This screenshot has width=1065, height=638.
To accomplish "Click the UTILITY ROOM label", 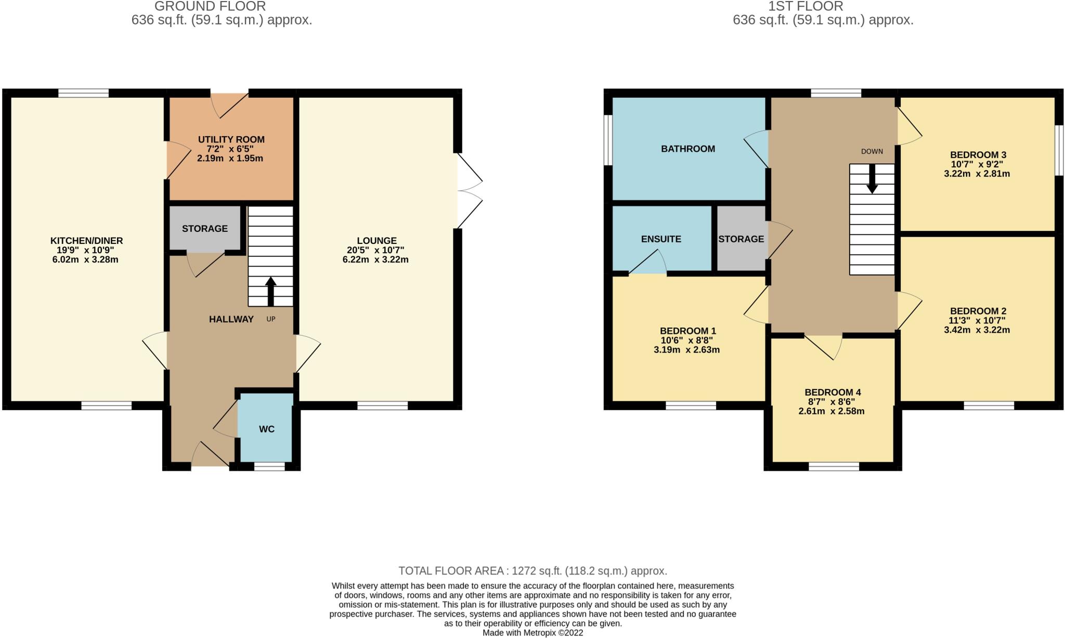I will click(x=231, y=139).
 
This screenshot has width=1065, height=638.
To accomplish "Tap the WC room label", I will click(x=267, y=429).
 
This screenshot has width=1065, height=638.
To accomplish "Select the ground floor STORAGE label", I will click(x=205, y=228).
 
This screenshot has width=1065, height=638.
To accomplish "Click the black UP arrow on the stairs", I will click(x=270, y=291).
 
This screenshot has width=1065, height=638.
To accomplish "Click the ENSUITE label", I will click(x=661, y=239).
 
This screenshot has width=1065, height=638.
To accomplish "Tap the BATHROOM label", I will click(x=687, y=149).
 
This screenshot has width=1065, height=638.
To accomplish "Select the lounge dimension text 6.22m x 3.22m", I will click(x=375, y=259).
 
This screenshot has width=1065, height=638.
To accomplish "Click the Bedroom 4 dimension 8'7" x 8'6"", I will click(x=832, y=402).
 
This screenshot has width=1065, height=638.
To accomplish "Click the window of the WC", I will click(x=269, y=466).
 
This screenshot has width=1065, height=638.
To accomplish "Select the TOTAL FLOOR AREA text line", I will click(x=532, y=571).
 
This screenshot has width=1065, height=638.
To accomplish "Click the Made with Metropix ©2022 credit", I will click(x=532, y=633).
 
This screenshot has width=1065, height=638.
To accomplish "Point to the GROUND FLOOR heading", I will click(x=210, y=6).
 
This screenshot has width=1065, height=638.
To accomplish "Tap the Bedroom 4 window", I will click(x=834, y=466).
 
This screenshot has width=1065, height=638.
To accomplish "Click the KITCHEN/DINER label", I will click(x=86, y=241).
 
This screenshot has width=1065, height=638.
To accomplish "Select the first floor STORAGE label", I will click(x=741, y=239).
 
